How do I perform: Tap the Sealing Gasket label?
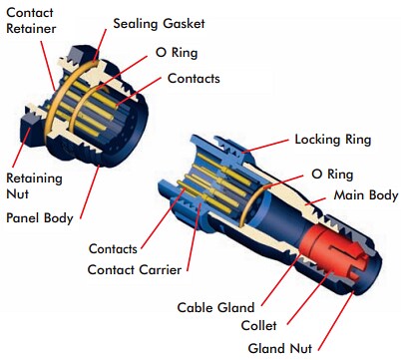point(157,22)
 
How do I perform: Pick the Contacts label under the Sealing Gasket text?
point(194,78)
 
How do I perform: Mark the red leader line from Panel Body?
point(89,190)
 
